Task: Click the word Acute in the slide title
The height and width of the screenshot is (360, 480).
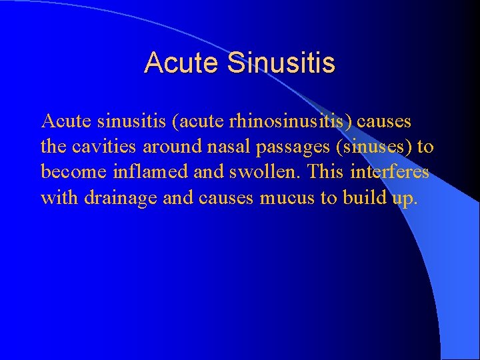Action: coord(181,63)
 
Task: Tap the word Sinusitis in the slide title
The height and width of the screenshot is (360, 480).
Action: coord(281,63)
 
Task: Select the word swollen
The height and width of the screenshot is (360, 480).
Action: coord(250,173)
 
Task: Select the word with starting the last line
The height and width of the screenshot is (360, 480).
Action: coord(59,198)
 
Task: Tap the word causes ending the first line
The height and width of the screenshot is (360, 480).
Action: coord(387,122)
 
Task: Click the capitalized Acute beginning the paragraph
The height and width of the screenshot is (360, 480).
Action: coord(64,122)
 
